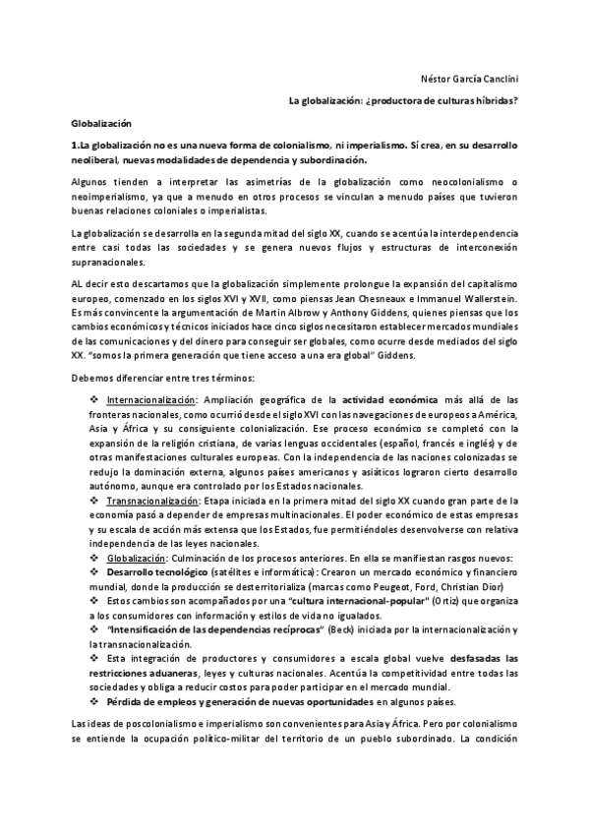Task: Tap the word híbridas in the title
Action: coord(494,101)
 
